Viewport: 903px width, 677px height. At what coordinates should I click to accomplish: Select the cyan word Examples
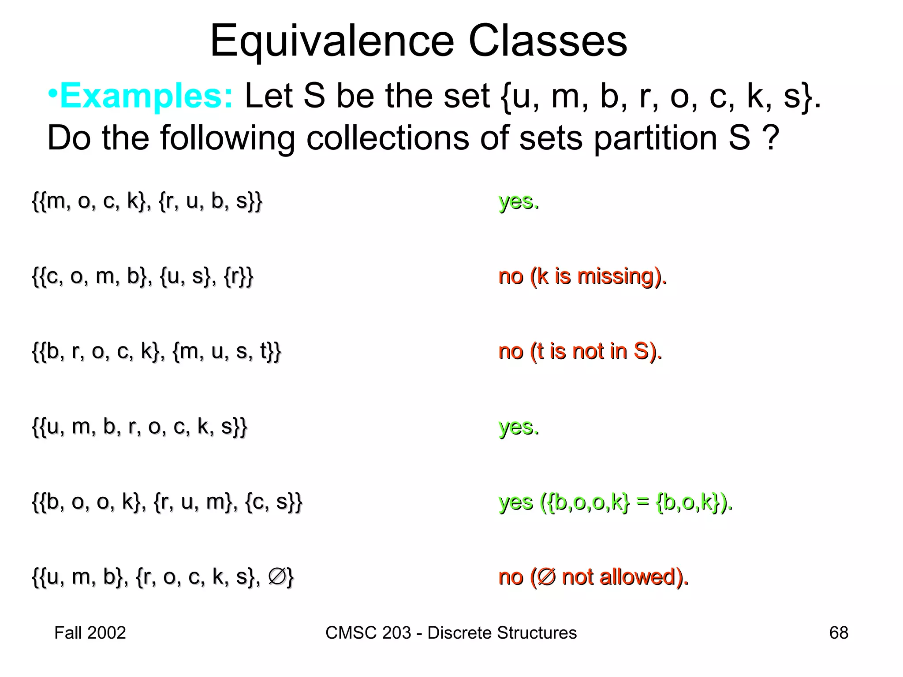tap(146, 96)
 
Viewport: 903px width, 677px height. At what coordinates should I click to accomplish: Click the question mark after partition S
tap(770, 138)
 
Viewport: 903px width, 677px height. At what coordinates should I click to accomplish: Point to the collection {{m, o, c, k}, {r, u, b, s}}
tap(147, 201)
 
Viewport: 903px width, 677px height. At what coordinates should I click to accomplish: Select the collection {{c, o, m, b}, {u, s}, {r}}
tap(143, 277)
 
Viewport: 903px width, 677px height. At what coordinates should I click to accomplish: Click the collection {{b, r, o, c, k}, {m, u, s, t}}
tap(157, 352)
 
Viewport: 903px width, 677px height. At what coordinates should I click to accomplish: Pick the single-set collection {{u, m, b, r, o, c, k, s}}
tap(140, 427)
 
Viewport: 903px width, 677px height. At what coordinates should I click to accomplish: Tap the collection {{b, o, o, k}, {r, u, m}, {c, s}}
tap(167, 502)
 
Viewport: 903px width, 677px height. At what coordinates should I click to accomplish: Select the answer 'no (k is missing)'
tap(582, 277)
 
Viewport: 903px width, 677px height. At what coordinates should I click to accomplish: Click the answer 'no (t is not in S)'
tap(580, 352)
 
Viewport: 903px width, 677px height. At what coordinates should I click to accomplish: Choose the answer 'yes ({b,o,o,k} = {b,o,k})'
tap(616, 502)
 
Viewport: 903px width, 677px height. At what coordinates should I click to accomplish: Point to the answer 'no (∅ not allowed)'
tap(593, 577)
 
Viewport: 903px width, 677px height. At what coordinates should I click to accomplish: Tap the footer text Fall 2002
tap(90, 633)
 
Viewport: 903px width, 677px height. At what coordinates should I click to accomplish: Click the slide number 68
tap(839, 633)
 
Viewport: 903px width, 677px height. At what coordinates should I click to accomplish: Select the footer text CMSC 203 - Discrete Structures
tap(451, 633)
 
